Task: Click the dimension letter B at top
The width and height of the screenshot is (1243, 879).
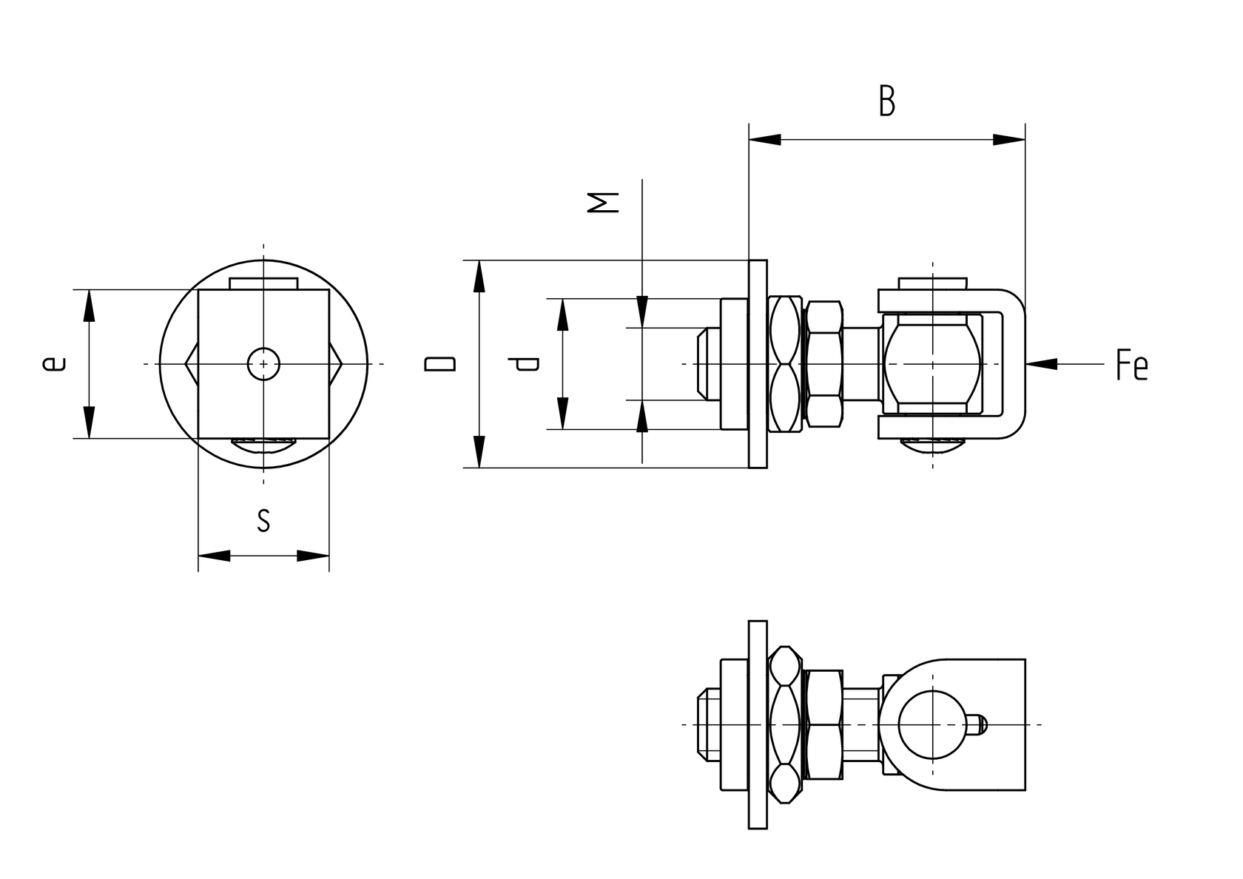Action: pyautogui.click(x=886, y=101)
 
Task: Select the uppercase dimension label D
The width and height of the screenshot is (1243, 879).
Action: pyautogui.click(x=439, y=363)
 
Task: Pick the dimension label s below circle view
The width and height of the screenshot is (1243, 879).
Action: pyautogui.click(x=263, y=520)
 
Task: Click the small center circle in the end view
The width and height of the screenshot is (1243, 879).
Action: pyautogui.click(x=263, y=363)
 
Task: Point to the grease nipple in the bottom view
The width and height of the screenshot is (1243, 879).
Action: pyautogui.click(x=977, y=724)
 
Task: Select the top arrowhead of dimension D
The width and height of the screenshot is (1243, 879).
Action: pyautogui.click(x=479, y=276)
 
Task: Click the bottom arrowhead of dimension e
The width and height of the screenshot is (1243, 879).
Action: pyautogui.click(x=90, y=422)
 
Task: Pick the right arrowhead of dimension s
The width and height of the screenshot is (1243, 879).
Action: pyautogui.click(x=312, y=555)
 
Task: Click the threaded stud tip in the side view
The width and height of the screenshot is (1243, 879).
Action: pyautogui.click(x=703, y=363)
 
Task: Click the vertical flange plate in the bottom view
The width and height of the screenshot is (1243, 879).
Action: pyautogui.click(x=758, y=724)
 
